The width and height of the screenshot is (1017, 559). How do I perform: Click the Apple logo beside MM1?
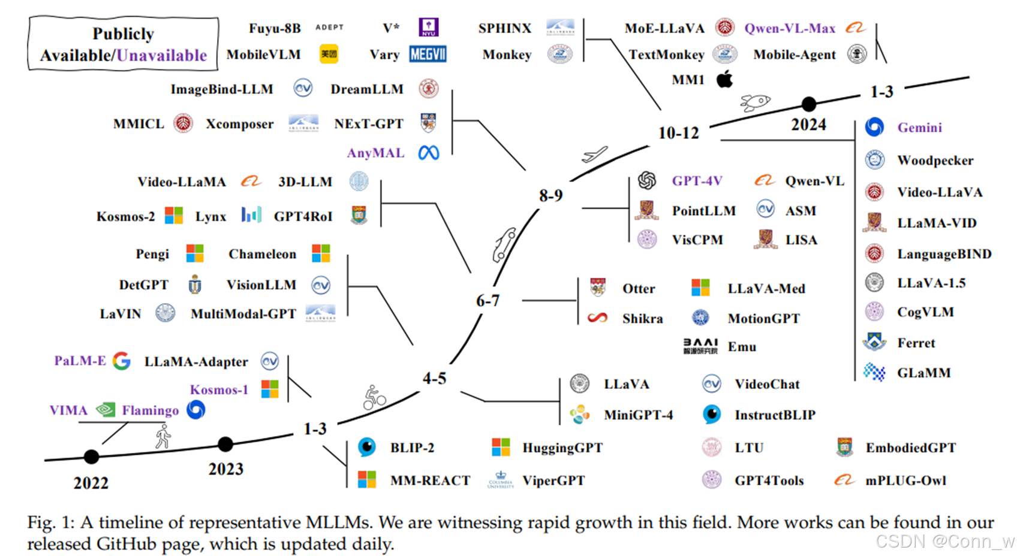click(x=725, y=79)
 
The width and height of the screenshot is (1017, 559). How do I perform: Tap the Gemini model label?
click(x=919, y=128)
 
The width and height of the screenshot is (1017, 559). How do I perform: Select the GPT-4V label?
click(x=697, y=181)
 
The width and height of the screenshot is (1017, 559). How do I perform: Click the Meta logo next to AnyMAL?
click(x=429, y=153)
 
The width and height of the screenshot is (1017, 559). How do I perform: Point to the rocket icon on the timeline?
click(x=754, y=102)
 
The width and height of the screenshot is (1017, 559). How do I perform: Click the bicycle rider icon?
click(x=374, y=398)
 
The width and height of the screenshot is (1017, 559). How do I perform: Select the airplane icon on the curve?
click(x=594, y=155)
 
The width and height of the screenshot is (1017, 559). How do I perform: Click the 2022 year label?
click(x=91, y=483)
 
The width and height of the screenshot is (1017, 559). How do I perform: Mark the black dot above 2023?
click(x=225, y=445)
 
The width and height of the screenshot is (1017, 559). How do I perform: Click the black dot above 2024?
click(x=809, y=104)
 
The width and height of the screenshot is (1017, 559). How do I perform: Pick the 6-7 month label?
click(x=488, y=301)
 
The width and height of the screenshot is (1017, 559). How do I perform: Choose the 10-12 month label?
click(x=678, y=133)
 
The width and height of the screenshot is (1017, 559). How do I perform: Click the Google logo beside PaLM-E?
click(x=122, y=361)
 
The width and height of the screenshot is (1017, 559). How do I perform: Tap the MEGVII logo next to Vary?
click(x=428, y=55)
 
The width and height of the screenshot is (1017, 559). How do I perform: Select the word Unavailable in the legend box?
click(x=162, y=56)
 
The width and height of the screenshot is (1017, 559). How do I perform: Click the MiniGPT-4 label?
click(x=638, y=415)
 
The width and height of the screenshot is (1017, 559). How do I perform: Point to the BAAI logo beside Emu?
click(x=700, y=346)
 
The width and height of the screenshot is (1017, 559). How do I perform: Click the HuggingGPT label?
click(x=562, y=448)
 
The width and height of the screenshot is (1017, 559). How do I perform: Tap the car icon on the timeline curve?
click(x=504, y=244)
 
